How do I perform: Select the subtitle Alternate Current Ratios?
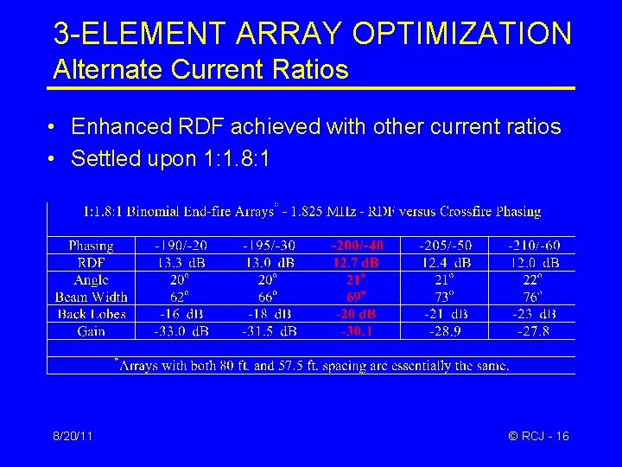click(200, 69)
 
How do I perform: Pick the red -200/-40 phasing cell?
click(357, 245)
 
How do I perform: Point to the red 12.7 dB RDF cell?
click(357, 262)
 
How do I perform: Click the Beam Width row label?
click(91, 297)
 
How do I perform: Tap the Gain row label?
click(91, 331)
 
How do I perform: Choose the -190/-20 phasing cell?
click(181, 245)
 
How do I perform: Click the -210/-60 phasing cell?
click(533, 245)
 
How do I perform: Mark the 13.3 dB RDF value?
click(181, 262)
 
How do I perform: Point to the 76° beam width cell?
click(533, 297)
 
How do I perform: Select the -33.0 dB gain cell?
click(181, 331)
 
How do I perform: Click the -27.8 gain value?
click(533, 331)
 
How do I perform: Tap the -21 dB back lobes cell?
click(445, 314)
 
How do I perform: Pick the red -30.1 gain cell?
click(357, 331)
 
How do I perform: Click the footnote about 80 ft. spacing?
click(312, 365)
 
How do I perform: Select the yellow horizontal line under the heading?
click(311, 88)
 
